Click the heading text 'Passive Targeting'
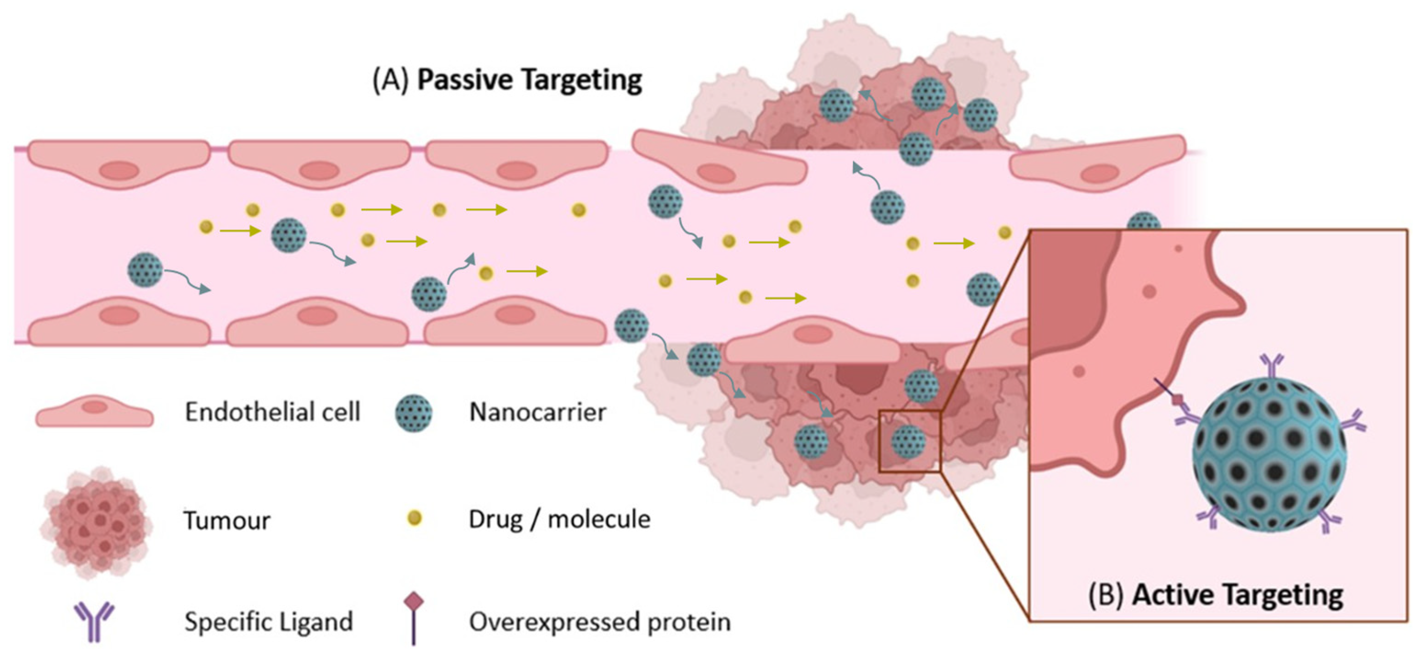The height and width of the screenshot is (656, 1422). [529, 81]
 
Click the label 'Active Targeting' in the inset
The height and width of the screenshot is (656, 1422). [1237, 595]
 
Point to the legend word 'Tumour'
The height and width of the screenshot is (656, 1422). [227, 520]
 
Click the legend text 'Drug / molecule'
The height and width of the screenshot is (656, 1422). [559, 519]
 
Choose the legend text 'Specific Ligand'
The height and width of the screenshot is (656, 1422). [268, 622]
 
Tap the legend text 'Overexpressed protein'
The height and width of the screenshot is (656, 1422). [599, 622]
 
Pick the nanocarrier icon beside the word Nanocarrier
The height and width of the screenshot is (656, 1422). [414, 413]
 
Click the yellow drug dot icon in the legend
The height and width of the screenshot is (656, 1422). [414, 518]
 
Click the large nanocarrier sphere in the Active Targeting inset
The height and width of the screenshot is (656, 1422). [1270, 462]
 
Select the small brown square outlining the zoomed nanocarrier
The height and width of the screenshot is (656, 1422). [909, 441]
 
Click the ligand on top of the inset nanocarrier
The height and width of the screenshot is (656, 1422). [1271, 367]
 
